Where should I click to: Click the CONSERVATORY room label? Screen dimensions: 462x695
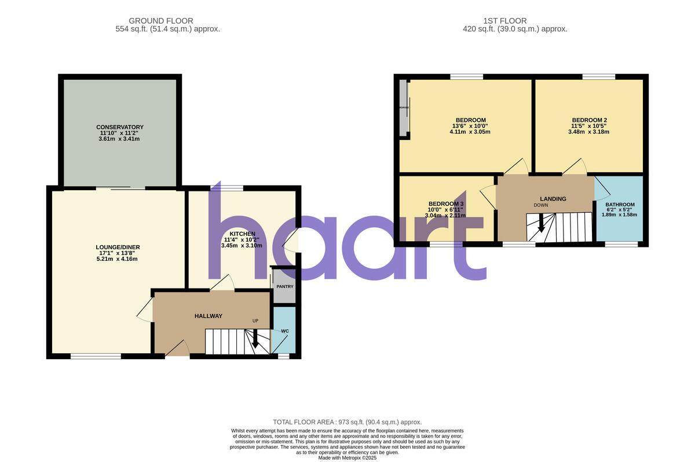[120, 127]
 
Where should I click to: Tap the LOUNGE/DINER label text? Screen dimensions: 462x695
[118, 247]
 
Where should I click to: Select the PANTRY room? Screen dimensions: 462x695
[284, 286]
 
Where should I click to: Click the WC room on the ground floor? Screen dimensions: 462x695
[284, 331]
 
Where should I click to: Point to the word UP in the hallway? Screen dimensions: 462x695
[255, 321]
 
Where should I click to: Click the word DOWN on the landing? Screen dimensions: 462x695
[541, 205]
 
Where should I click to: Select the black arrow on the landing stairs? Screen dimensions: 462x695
[541, 223]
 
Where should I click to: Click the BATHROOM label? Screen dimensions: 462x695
[620, 205]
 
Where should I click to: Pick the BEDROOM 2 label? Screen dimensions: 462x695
[589, 120]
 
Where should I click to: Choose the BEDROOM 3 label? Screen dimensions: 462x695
[446, 204]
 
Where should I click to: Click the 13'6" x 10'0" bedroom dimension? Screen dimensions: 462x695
[470, 126]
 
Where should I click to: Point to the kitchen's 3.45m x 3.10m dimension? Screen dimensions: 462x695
[242, 246]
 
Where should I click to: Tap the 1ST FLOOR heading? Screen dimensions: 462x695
[515, 21]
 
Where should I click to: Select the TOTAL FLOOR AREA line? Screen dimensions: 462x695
[347, 422]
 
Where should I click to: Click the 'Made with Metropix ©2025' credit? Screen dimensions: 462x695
[347, 458]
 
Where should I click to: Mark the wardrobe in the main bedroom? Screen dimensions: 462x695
[404, 108]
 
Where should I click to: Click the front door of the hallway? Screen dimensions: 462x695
[178, 348]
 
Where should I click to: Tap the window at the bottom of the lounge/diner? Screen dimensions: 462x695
[96, 356]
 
